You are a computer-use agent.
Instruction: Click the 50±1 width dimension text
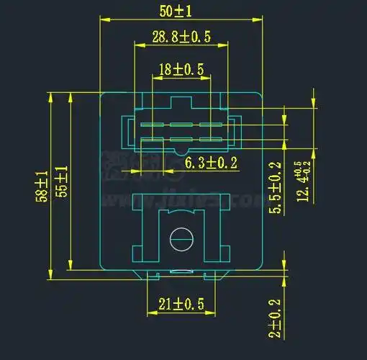(x=180, y=11)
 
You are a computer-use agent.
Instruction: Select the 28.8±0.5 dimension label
(x=181, y=37)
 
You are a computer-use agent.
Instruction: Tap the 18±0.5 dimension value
(x=181, y=69)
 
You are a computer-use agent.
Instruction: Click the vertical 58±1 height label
(x=41, y=186)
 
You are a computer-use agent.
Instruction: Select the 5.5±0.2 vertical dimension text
(x=274, y=188)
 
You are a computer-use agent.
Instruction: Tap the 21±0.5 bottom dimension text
(x=181, y=305)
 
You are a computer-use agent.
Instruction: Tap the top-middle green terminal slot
(x=181, y=125)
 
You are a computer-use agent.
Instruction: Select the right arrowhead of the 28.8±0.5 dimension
(x=226, y=48)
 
